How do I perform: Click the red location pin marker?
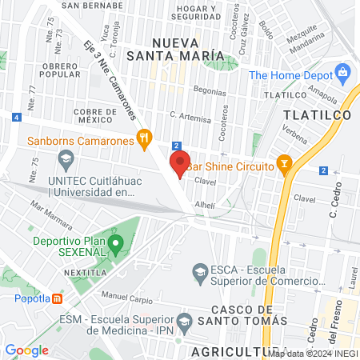click(180, 164)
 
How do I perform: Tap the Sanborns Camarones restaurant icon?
click(144, 139)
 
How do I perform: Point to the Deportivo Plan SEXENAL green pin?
click(116, 242)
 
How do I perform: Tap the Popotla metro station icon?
click(57, 299)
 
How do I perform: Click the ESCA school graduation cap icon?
click(199, 274)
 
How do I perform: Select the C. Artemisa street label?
click(191, 118)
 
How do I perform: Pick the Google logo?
click(27, 350)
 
